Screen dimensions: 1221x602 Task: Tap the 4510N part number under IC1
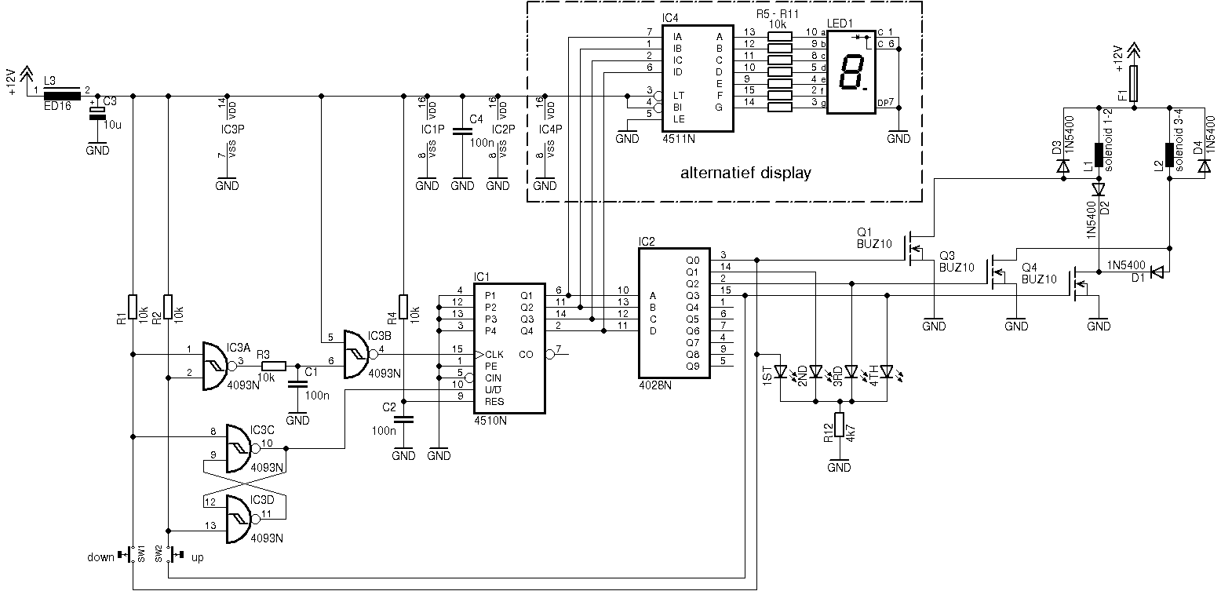click(490, 421)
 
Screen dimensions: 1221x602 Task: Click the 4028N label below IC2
click(655, 385)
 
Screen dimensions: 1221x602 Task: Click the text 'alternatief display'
click(745, 173)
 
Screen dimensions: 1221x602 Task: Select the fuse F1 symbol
click(1134, 83)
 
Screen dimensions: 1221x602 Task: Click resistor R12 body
click(840, 425)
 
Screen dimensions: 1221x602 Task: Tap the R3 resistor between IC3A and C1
click(274, 367)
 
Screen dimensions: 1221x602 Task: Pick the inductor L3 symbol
click(61, 96)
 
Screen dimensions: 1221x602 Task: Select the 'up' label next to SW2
click(197, 558)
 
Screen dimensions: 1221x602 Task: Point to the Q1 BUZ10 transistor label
click(874, 239)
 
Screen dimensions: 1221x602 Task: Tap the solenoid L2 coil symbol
click(1169, 155)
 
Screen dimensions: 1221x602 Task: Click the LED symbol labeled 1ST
click(781, 372)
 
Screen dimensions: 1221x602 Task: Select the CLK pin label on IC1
click(494, 355)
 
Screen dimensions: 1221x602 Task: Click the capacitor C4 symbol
click(462, 131)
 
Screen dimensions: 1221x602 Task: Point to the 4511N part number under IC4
click(679, 139)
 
